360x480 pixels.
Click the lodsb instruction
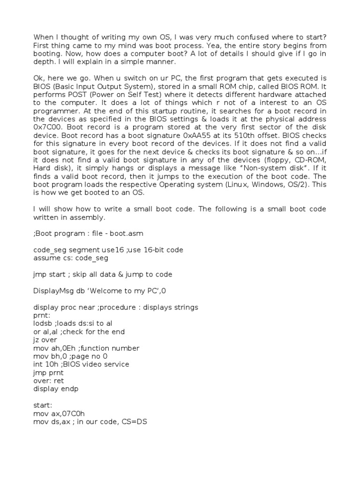pyautogui.click(x=43, y=323)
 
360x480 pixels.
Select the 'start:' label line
pyautogui.click(x=43, y=405)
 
